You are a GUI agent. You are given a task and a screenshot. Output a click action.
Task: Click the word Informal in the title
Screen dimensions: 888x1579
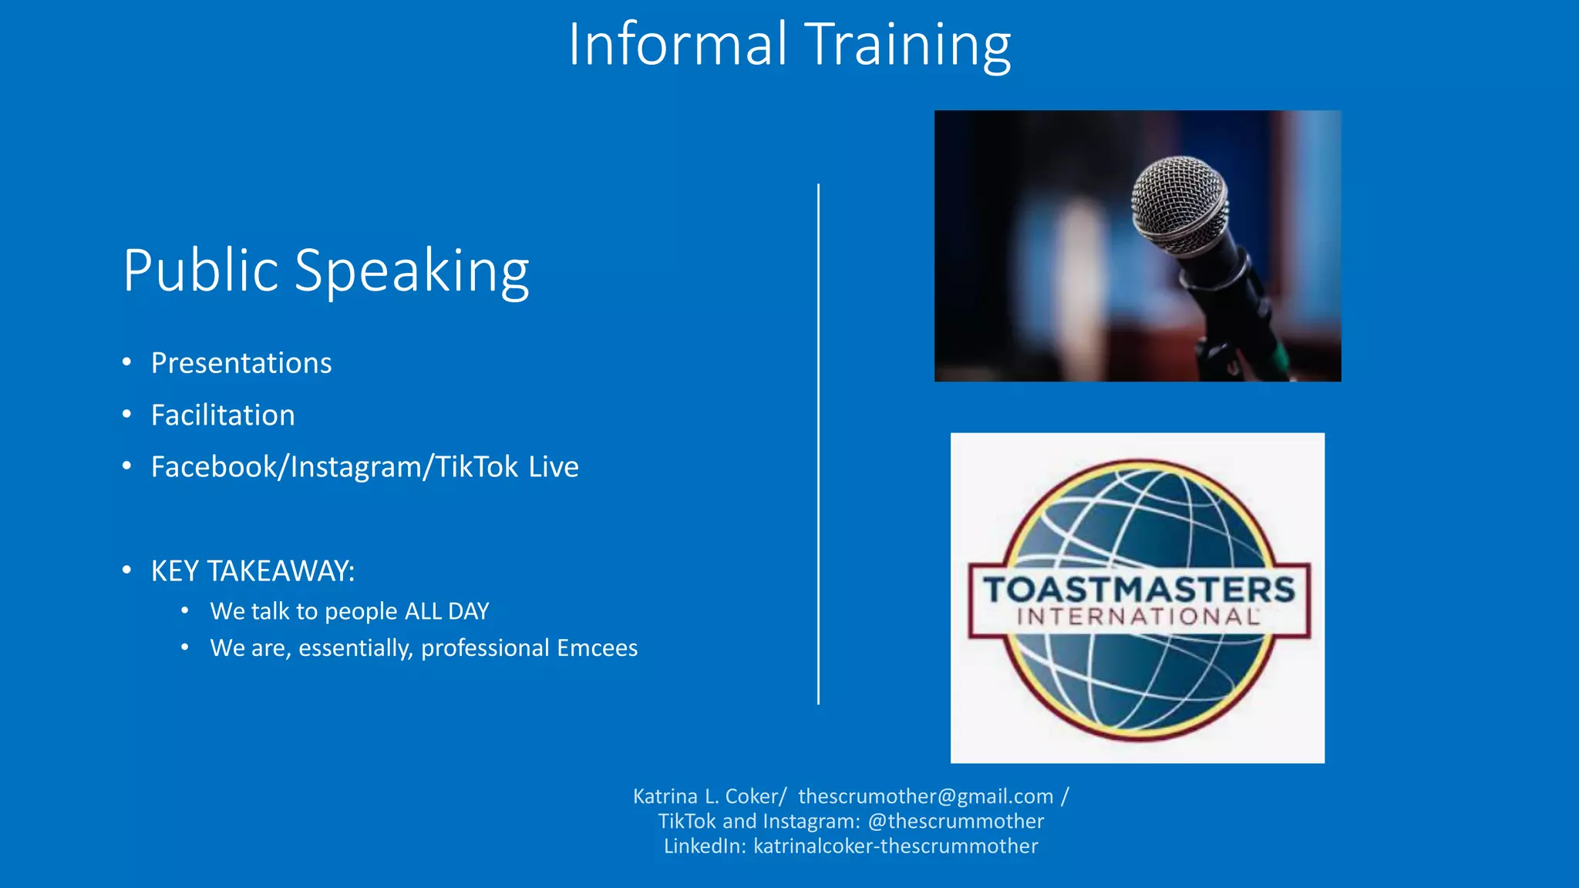[677, 45]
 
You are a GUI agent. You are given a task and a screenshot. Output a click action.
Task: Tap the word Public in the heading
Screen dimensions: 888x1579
[200, 271]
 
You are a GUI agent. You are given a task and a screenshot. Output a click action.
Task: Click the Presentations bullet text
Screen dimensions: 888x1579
[241, 363]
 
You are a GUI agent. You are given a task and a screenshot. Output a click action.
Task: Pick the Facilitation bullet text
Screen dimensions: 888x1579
[223, 415]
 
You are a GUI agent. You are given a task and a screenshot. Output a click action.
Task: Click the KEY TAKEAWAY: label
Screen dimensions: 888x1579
[253, 571]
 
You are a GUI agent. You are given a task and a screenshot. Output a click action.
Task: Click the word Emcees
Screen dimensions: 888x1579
[597, 648]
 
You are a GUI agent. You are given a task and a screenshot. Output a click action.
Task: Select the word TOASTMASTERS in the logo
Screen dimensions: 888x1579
[1138, 590]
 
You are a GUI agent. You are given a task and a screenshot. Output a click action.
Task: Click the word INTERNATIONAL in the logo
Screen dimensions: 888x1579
[1138, 617]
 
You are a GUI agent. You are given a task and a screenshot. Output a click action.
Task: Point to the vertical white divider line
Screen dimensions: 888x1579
[818, 444]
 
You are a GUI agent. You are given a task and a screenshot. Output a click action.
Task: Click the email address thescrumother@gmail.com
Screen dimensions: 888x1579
[925, 796]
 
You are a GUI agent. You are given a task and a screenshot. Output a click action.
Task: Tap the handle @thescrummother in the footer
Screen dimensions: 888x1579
[956, 821]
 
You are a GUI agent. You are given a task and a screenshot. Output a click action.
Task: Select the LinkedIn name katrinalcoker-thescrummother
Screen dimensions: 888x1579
[895, 846]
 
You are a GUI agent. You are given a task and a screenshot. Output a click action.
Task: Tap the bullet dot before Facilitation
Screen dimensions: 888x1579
[127, 415]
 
